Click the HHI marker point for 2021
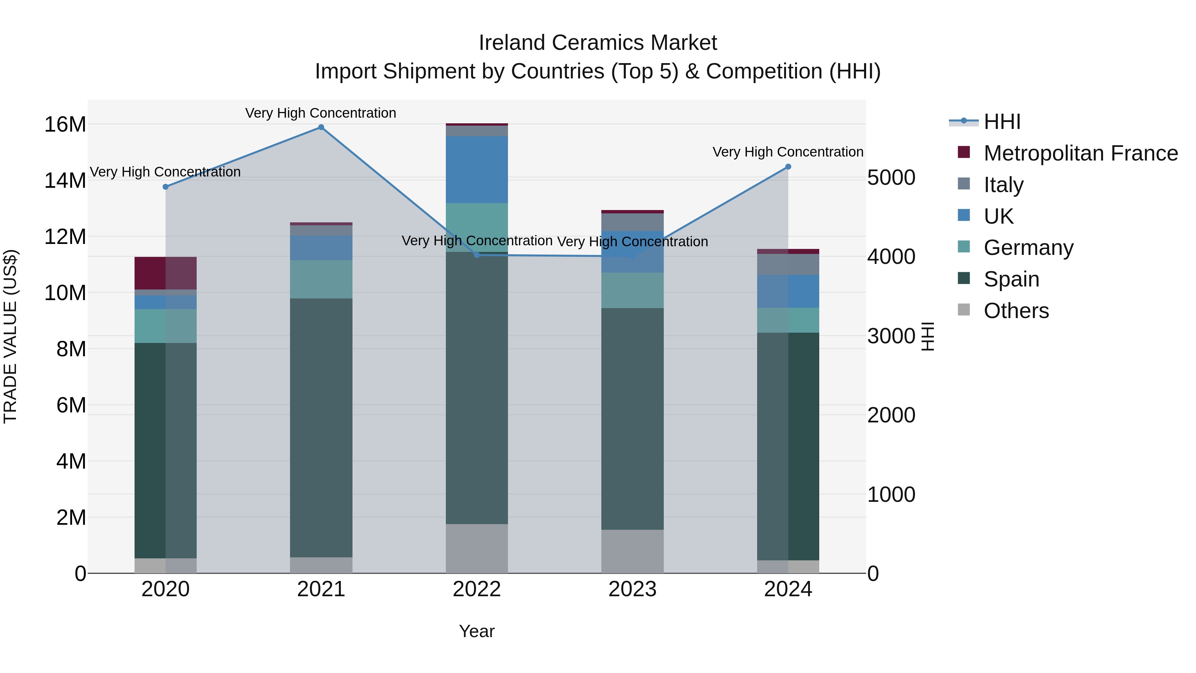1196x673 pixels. point(321,127)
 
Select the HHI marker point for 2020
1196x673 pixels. point(165,187)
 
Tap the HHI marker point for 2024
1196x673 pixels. point(788,167)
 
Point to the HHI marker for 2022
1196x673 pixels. point(477,255)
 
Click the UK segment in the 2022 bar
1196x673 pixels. point(477,169)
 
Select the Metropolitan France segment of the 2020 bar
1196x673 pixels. point(165,273)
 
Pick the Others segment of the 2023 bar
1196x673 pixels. point(632,551)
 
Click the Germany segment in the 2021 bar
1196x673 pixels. point(321,279)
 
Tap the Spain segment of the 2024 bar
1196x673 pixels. point(788,446)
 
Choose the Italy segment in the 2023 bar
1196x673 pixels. point(632,222)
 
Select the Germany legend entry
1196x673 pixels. point(1028,248)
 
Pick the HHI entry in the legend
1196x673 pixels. point(1002,122)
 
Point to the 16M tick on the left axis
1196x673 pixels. point(65,125)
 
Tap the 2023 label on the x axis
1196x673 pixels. point(632,589)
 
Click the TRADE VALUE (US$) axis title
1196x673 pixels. point(10,336)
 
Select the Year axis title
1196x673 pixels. point(477,631)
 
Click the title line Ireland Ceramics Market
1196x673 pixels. point(598,43)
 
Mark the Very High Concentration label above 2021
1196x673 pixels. point(321,113)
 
